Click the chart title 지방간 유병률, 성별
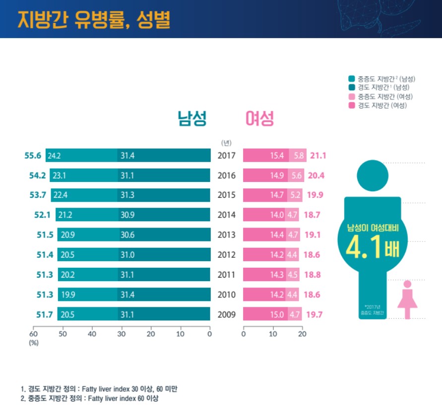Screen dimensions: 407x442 94,19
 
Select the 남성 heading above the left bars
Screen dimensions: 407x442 192,118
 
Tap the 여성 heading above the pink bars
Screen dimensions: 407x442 260,118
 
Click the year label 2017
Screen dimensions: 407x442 226,156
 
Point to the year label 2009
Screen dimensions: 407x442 226,314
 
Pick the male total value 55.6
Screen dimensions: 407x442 34,156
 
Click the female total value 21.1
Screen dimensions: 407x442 318,156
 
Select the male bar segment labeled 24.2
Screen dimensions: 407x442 81,156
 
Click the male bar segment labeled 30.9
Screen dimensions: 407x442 164,215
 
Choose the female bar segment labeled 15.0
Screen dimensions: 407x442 265,314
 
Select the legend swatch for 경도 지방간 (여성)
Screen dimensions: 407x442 352,105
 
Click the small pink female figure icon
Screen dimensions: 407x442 407,299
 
